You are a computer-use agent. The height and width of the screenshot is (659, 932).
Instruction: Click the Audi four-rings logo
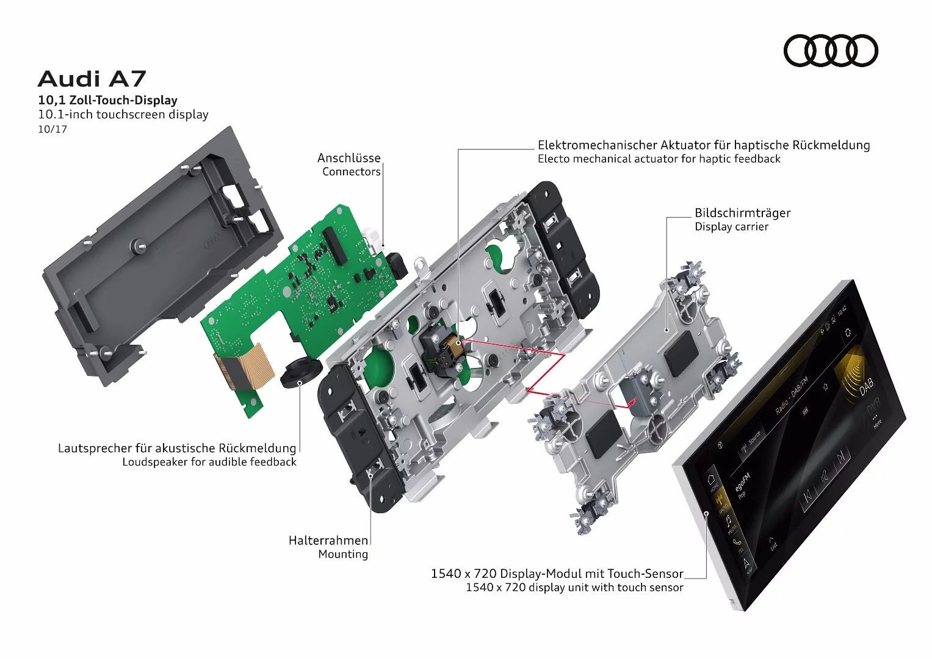(x=830, y=51)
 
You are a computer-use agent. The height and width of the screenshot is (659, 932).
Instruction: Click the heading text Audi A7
(x=92, y=79)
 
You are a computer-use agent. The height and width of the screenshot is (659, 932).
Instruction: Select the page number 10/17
(x=52, y=129)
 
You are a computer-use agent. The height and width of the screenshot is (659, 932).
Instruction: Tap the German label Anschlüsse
(x=349, y=158)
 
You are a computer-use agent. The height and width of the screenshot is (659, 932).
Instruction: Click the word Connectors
(x=351, y=172)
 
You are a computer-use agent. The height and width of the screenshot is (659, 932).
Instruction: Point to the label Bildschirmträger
(x=742, y=213)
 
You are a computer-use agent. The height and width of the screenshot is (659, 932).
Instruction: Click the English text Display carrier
(x=731, y=227)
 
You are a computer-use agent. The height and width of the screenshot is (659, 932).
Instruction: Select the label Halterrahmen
(x=328, y=541)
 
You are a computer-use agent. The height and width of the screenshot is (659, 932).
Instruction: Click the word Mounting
(x=342, y=555)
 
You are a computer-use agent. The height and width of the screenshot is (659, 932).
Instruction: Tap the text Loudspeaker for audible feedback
(x=209, y=463)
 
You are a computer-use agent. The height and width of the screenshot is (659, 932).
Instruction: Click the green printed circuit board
(x=305, y=287)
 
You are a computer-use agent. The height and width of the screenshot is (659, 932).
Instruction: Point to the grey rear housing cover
(x=159, y=256)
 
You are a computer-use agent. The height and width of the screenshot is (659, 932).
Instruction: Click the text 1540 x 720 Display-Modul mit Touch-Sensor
(x=557, y=574)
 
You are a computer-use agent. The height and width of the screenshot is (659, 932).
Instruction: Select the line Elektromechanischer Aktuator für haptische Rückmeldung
(x=703, y=145)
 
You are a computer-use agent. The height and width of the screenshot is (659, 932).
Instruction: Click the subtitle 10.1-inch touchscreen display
(x=123, y=115)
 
